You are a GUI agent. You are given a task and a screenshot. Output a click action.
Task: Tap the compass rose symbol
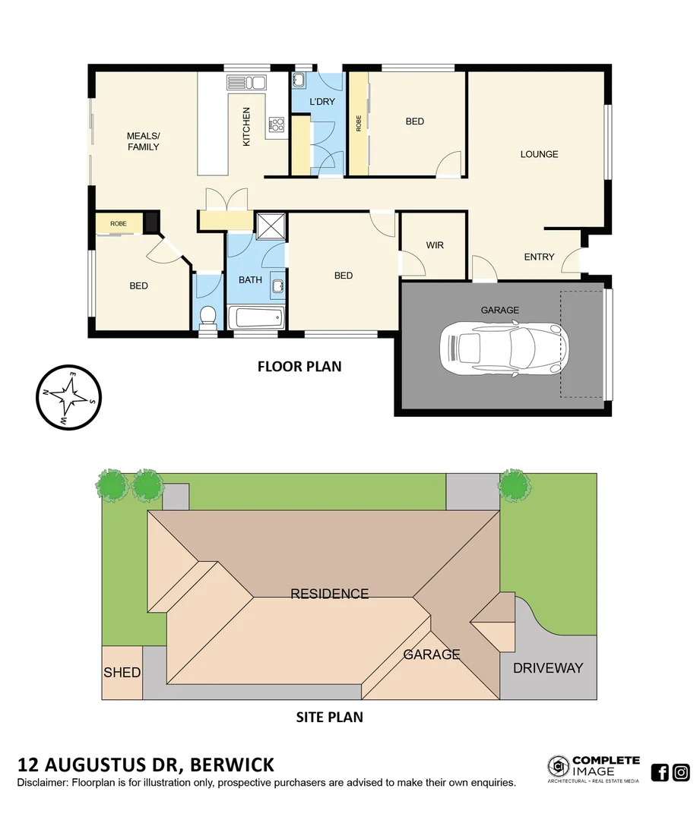point(69,396)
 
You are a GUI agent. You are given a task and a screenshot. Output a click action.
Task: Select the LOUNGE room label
point(539,154)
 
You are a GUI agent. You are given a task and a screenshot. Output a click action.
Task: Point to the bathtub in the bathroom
point(256,317)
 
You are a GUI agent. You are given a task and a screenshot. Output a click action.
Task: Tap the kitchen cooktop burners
point(275,125)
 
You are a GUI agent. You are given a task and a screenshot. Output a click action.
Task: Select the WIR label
point(434,245)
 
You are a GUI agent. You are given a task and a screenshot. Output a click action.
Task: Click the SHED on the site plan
point(122,672)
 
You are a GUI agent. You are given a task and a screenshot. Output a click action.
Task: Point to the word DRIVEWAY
point(547,668)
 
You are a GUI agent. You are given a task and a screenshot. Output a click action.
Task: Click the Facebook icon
point(660,772)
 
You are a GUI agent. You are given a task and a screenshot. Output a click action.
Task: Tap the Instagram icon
point(681,772)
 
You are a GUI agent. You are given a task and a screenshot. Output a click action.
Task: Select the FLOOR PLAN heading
point(299,367)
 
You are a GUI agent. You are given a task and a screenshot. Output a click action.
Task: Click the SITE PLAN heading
point(329,716)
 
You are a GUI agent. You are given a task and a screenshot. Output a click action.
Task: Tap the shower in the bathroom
point(269,226)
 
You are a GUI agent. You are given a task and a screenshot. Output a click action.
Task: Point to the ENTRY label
point(539,257)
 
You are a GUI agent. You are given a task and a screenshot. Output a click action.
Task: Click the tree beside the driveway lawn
point(514,485)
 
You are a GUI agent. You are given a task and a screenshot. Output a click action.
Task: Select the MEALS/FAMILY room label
point(143,141)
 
